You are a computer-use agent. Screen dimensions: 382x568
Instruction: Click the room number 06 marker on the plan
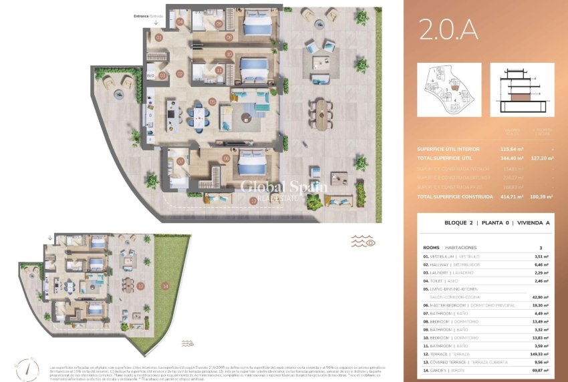click(226, 158)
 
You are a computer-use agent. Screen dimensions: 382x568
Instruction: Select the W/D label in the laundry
click(150, 76)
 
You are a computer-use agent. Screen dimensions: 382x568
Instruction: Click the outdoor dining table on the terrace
click(323, 114)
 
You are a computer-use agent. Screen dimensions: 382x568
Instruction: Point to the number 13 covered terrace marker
click(253, 200)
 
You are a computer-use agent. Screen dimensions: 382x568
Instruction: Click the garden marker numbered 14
click(165, 286)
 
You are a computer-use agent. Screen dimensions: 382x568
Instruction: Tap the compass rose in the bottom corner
click(22, 369)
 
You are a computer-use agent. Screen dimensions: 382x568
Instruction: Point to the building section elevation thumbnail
click(522, 89)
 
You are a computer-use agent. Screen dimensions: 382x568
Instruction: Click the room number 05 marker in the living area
click(212, 102)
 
